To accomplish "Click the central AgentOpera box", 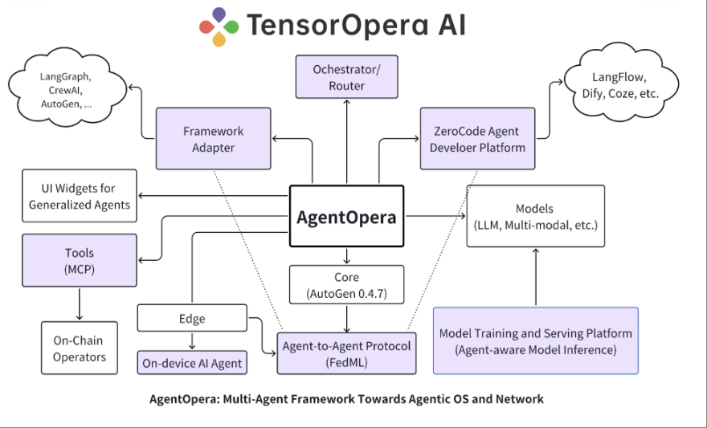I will (x=346, y=217).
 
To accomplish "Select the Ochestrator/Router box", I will (x=346, y=78).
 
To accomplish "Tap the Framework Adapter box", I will (x=213, y=138).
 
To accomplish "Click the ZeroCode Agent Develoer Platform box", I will (x=477, y=138).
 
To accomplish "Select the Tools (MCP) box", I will (x=79, y=261).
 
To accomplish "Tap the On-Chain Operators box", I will (x=79, y=349).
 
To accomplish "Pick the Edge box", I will (x=193, y=319).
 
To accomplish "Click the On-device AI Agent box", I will (x=193, y=363).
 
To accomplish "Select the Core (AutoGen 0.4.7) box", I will (x=346, y=286).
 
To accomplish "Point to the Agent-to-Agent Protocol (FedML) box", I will (x=346, y=354).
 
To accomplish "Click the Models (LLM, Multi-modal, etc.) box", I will (x=535, y=216).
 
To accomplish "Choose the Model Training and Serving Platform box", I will (x=535, y=340).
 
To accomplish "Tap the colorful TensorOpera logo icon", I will (x=219, y=26).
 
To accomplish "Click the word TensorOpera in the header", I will (x=334, y=26).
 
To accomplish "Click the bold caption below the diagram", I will (x=346, y=399).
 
